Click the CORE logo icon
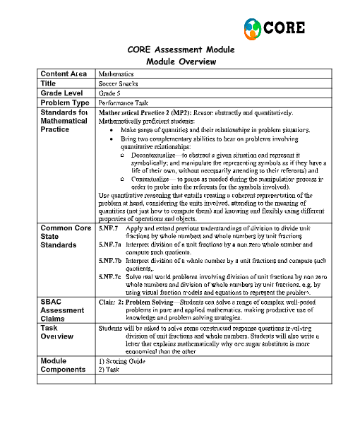252,28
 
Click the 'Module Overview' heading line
181,62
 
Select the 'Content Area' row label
64,73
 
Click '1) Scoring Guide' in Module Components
122,361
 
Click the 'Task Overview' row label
57,333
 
